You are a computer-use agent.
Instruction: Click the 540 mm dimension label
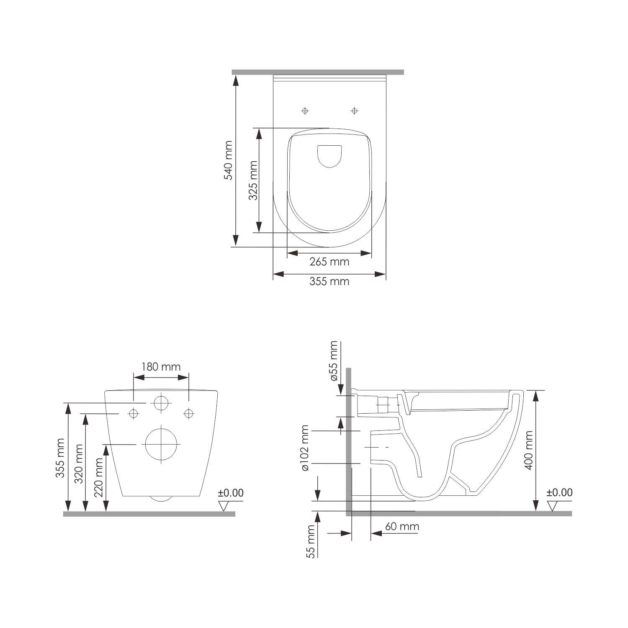pos(228,160)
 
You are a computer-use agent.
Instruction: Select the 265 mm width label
pos(329,262)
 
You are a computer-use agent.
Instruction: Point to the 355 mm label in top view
pos(329,281)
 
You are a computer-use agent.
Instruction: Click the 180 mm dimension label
pos(161,367)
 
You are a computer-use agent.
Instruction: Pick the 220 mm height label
pos(99,477)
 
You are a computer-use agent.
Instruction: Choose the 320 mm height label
pos(79,463)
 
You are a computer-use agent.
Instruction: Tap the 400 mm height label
pos(529,450)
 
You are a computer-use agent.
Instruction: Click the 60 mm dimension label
pos(402,526)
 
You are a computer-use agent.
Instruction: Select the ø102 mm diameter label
pos(305,448)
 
